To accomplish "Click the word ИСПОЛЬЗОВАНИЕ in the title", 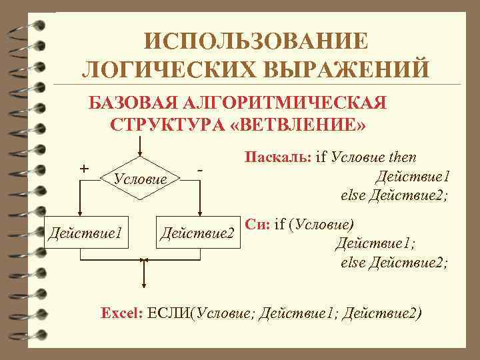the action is (x=256, y=41).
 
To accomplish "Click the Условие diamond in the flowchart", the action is (x=140, y=178).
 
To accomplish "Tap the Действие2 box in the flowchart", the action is (x=197, y=233).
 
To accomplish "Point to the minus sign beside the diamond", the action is (x=200, y=171).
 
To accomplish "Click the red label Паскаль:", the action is (x=277, y=158).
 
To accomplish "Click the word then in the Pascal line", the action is (x=401, y=158).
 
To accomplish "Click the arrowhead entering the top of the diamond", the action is (x=140, y=151).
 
